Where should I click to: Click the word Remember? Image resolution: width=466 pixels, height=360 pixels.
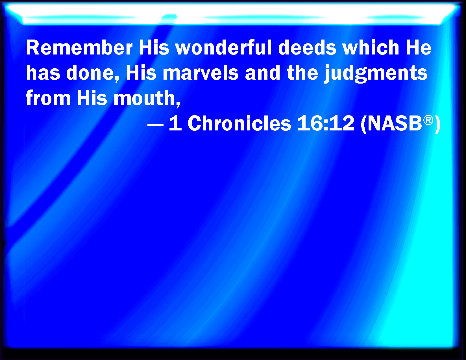tap(79, 48)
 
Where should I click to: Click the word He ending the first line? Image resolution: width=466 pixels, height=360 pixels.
tap(418, 48)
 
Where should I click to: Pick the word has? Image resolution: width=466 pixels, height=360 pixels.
tap(43, 73)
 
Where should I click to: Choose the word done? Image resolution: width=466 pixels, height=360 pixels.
tap(92, 73)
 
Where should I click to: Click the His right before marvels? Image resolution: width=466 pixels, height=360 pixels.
tap(141, 73)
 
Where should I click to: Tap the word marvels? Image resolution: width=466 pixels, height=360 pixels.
tap(201, 73)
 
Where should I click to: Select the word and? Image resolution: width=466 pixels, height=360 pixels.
tap(262, 73)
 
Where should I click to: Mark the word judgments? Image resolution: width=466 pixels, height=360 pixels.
tap(376, 74)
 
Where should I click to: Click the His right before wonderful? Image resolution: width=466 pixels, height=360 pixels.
tap(154, 48)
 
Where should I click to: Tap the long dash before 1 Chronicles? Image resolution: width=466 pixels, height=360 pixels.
tap(156, 125)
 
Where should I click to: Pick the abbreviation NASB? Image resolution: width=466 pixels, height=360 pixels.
tap(395, 123)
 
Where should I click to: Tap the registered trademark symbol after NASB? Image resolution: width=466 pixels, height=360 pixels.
tap(428, 120)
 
